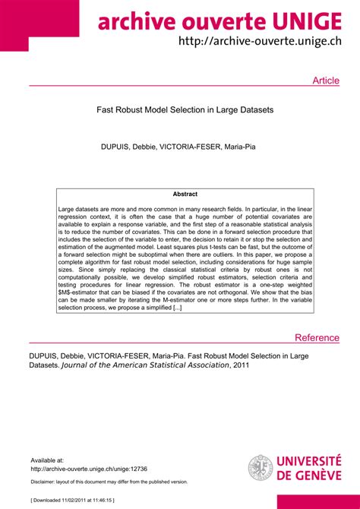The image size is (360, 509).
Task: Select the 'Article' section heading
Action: click(326, 81)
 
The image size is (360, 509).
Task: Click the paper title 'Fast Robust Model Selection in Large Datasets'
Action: click(185, 110)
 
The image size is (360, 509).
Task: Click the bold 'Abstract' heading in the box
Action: click(185, 194)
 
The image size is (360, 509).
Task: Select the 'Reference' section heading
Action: click(317, 338)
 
